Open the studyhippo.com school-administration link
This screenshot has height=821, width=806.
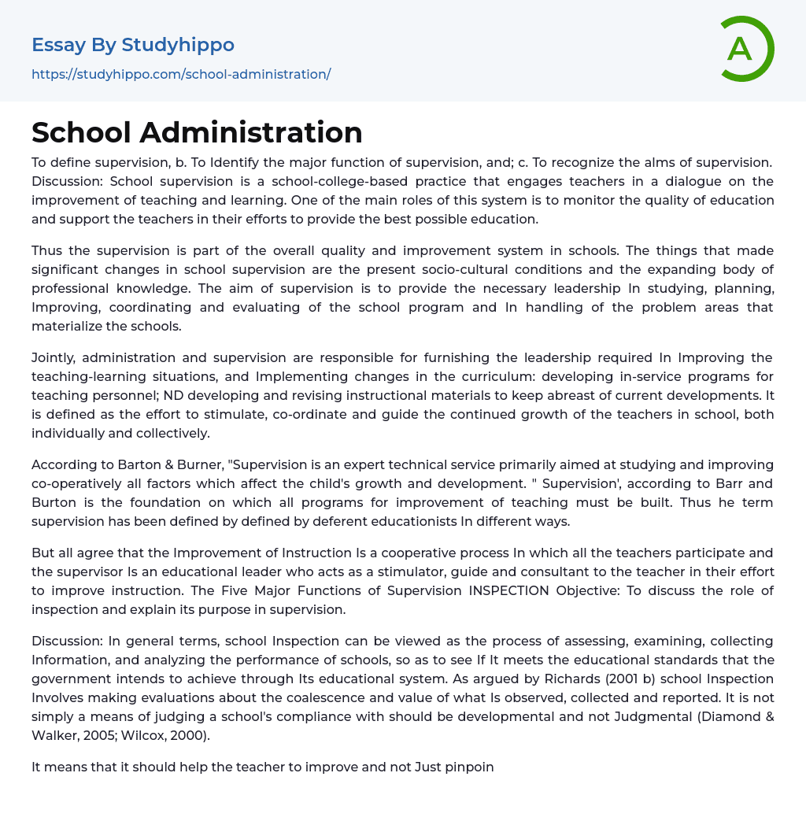(x=181, y=74)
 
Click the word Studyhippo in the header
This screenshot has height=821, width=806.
(x=178, y=45)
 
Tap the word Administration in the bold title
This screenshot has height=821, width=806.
(x=251, y=132)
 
